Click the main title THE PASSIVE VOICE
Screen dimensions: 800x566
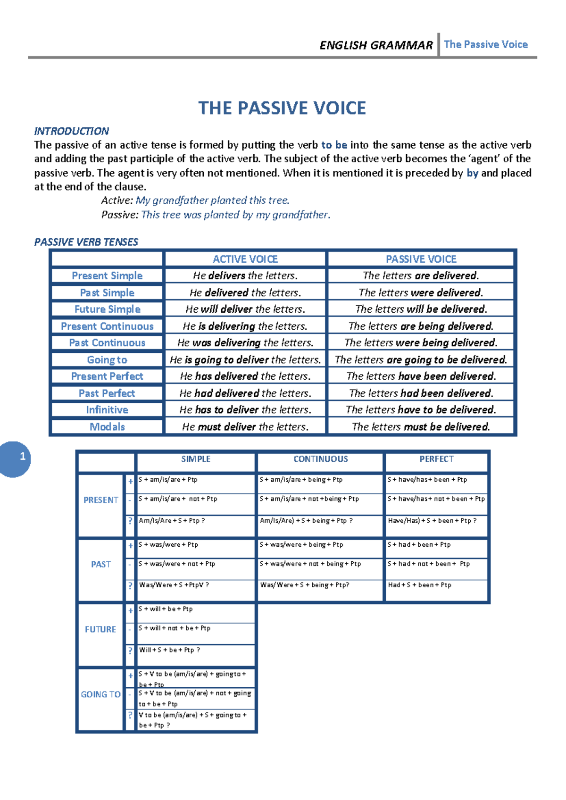click(282, 108)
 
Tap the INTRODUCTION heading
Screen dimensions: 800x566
click(71, 131)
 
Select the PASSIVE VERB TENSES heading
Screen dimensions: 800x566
click(86, 242)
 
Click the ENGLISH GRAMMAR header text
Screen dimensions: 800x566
click(376, 45)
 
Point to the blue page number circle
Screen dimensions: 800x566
click(16, 458)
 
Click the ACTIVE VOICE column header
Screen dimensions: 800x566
click(245, 259)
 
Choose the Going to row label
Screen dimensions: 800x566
click(107, 360)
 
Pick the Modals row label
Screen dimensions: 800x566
click(107, 427)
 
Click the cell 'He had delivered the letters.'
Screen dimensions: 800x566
click(245, 393)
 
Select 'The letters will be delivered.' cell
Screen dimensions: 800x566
click(421, 309)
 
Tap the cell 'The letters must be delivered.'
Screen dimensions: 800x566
click(421, 427)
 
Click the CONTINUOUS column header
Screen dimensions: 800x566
click(321, 459)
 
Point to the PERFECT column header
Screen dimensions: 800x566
click(436, 459)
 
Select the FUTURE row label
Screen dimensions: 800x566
click(100, 629)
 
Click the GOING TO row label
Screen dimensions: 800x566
click(100, 694)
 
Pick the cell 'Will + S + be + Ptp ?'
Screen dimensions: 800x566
click(170, 650)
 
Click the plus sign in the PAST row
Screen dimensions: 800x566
click(131, 546)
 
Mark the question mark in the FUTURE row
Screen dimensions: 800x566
click(131, 651)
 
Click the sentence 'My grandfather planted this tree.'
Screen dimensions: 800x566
click(212, 200)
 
